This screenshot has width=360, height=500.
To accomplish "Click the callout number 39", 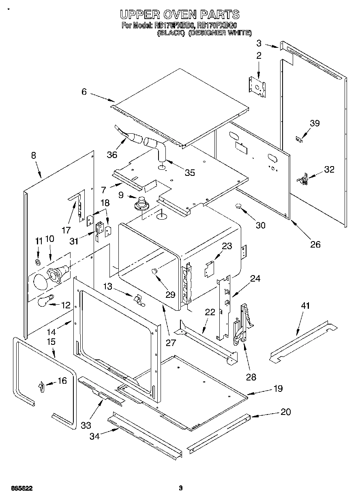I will [315, 123].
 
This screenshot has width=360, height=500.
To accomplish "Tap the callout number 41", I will [305, 306].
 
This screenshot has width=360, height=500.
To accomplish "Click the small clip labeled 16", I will [41, 387].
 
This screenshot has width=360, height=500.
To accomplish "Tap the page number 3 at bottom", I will [181, 488].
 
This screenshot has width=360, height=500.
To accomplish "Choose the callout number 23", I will [227, 246].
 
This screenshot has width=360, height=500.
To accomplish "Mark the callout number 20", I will [286, 412].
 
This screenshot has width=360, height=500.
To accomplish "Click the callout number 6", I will [84, 92].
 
